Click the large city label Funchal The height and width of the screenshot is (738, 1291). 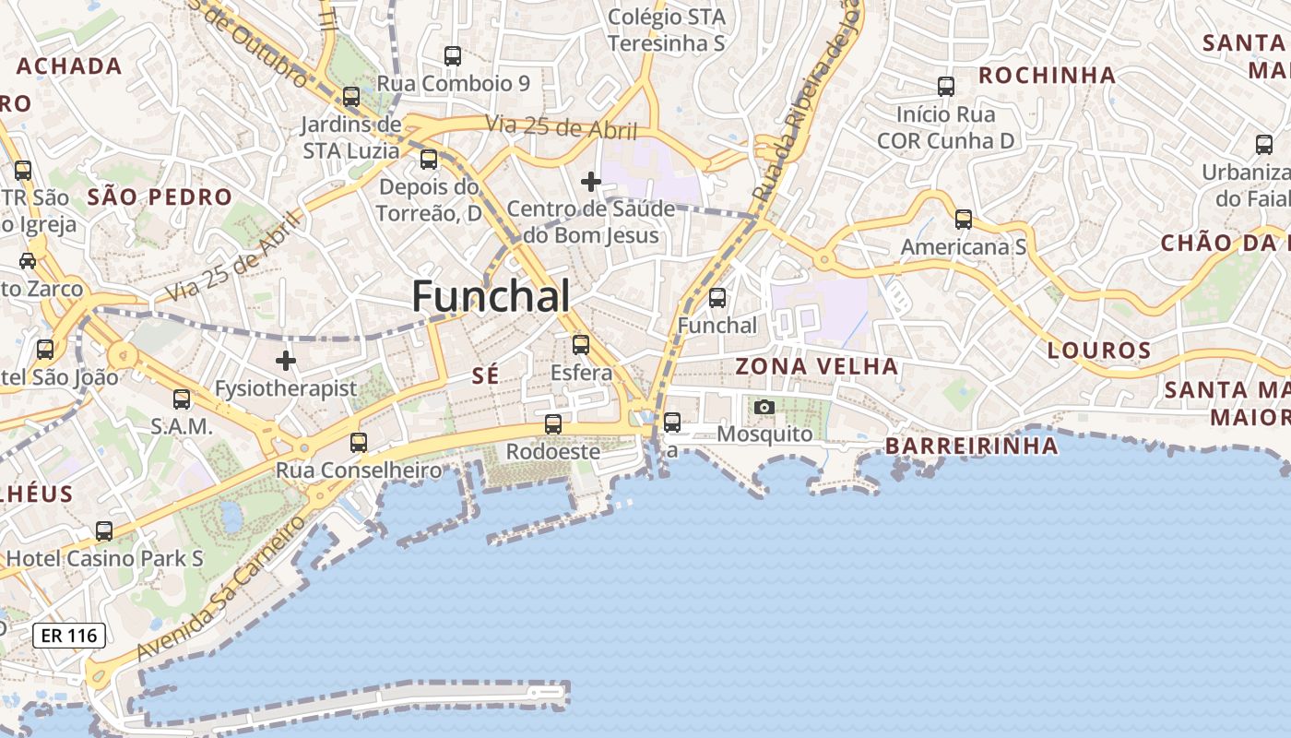click(491, 297)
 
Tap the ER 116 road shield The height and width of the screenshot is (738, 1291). click(69, 636)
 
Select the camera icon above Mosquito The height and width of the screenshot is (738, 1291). click(764, 407)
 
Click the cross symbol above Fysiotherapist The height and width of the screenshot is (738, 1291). click(286, 361)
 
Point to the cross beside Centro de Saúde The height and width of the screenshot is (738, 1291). click(590, 182)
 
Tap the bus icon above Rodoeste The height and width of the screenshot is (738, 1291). click(552, 424)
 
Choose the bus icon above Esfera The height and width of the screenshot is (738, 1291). click(580, 345)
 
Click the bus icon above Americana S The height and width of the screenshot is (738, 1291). click(963, 220)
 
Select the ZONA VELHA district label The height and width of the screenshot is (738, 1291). click(816, 366)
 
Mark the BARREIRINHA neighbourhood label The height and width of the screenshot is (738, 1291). click(971, 446)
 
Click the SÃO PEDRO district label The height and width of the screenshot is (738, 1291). click(160, 196)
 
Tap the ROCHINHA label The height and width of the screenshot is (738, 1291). click(1047, 76)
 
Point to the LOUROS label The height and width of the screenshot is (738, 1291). click(1099, 351)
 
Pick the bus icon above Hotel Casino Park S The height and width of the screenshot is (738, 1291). click(104, 531)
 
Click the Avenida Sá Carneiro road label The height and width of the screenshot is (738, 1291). click(221, 588)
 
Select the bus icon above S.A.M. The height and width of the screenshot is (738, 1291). click(182, 399)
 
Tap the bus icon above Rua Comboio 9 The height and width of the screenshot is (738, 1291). click(452, 56)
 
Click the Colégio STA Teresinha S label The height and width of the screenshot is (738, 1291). click(667, 30)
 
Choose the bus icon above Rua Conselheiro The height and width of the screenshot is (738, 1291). click(358, 443)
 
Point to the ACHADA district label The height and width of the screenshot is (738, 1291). click(69, 65)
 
